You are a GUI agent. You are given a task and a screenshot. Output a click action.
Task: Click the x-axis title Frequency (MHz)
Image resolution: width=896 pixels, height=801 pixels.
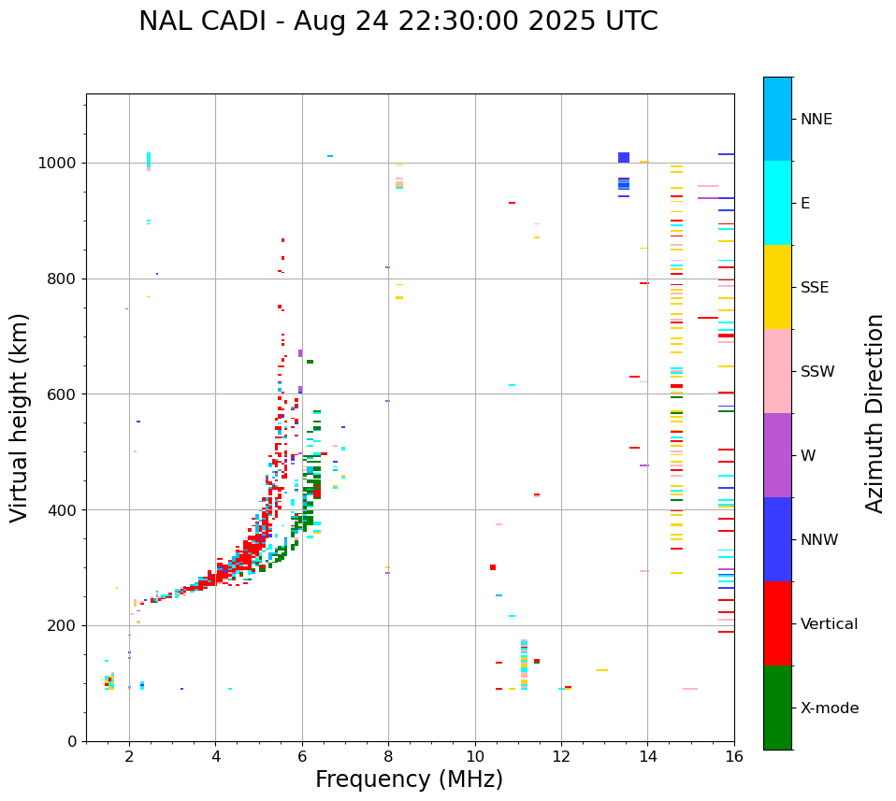(409, 780)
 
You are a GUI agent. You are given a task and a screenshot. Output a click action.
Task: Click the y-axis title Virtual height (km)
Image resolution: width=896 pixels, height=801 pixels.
(20, 417)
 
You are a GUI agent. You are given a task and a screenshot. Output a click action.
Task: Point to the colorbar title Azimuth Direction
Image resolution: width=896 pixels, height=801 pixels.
(874, 413)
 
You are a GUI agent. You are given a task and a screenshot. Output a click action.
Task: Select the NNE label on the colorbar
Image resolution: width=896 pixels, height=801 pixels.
(816, 120)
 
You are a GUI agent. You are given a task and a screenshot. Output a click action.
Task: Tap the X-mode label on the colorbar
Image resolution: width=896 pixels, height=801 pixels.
(829, 708)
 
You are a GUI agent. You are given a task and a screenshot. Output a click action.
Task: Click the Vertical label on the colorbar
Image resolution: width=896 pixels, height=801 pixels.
(829, 624)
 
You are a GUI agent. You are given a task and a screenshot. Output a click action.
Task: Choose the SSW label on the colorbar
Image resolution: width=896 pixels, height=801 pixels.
(817, 372)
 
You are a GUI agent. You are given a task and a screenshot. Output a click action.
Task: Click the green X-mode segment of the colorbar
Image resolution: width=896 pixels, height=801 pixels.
(777, 708)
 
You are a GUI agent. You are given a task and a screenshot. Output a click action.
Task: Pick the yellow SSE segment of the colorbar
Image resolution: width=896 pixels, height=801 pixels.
(777, 287)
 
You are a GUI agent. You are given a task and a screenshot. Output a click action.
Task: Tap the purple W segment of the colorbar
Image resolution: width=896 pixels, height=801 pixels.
(777, 455)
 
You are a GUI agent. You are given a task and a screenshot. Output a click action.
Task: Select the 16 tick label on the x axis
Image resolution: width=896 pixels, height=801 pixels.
(734, 756)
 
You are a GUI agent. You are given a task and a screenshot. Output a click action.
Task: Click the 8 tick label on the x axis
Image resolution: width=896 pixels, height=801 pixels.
(388, 756)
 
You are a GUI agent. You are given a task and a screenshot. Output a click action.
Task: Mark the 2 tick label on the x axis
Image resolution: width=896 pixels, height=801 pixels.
(129, 756)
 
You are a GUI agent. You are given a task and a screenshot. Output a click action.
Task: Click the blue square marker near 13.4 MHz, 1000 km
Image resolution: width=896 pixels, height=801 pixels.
(624, 157)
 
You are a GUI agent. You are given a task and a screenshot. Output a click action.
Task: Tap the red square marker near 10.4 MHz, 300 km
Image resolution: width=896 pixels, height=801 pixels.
(493, 567)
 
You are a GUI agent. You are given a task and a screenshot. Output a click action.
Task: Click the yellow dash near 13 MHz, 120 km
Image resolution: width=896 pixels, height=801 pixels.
(601, 670)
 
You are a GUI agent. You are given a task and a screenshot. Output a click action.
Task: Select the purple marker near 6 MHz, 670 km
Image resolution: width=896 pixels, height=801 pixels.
(300, 353)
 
